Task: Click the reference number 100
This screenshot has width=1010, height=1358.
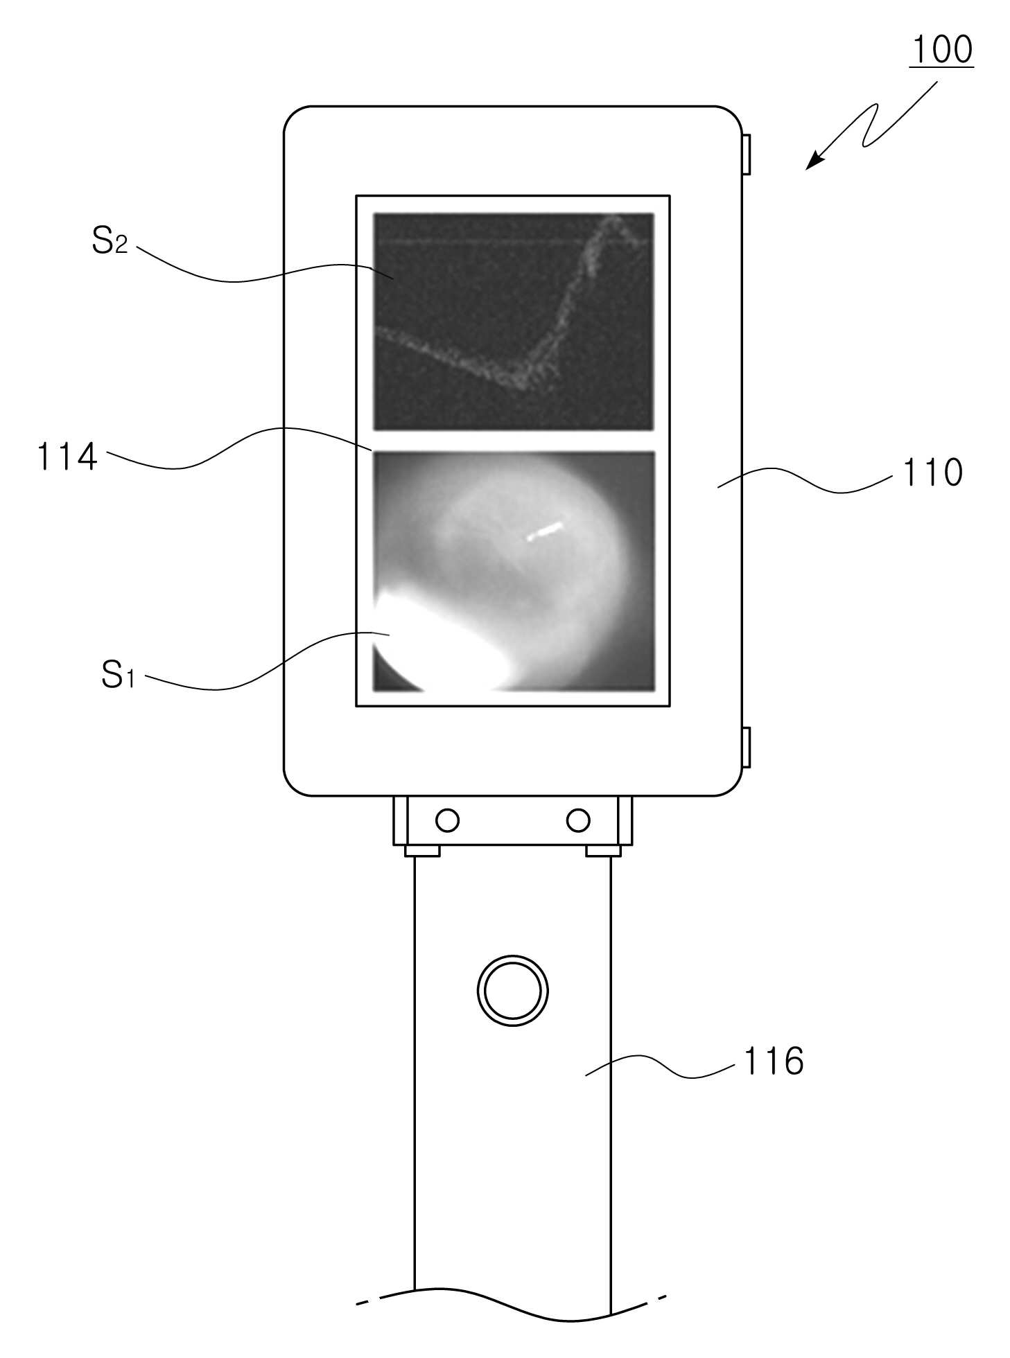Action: pyautogui.click(x=941, y=50)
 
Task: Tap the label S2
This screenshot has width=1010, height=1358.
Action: pyautogui.click(x=110, y=241)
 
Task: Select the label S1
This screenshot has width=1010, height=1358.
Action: pyautogui.click(x=118, y=673)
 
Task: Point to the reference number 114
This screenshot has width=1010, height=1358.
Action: pyautogui.click(x=67, y=457)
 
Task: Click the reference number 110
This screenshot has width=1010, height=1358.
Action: pyautogui.click(x=932, y=473)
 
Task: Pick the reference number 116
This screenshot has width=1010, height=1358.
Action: pyautogui.click(x=773, y=1061)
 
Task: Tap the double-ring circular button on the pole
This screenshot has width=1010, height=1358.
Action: pyautogui.click(x=512, y=991)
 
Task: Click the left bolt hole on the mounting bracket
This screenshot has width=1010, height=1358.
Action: pyautogui.click(x=447, y=820)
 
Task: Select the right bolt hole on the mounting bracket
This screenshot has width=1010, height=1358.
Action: pyautogui.click(x=578, y=820)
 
